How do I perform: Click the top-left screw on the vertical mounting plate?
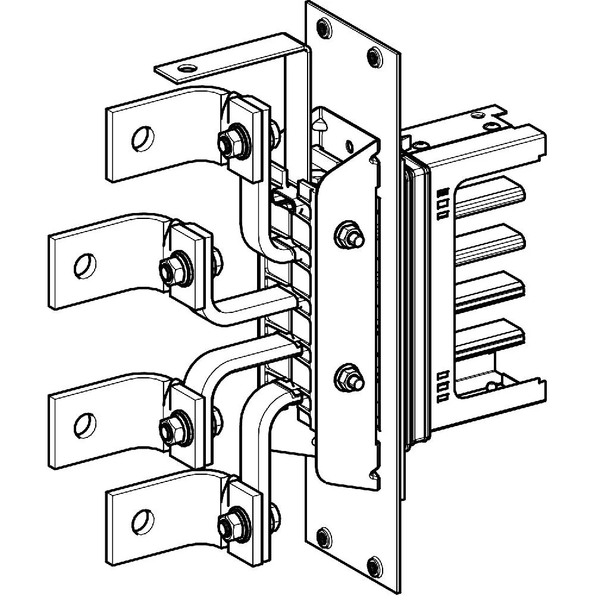click(324, 27)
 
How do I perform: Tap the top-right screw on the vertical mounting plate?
click(374, 57)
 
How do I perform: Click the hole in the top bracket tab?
click(189, 68)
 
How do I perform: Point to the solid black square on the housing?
click(442, 193)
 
